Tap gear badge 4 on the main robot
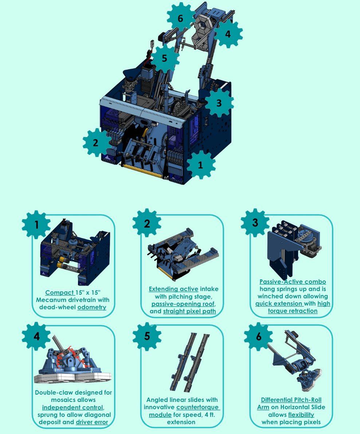[x=228, y=34]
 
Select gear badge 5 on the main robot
[x=165, y=58]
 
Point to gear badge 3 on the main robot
[x=219, y=103]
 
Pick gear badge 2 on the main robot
[x=96, y=143]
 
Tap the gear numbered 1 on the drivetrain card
[x=36, y=224]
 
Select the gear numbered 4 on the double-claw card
[x=36, y=336]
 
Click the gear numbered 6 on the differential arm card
[x=258, y=336]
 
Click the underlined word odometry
[x=92, y=307]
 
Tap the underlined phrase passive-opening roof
[x=183, y=304]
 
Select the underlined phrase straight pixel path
[x=189, y=311]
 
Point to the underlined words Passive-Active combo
[x=293, y=282]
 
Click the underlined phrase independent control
[x=73, y=407]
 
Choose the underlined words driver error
[x=92, y=422]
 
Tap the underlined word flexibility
[x=301, y=415]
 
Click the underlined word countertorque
[x=198, y=407]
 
